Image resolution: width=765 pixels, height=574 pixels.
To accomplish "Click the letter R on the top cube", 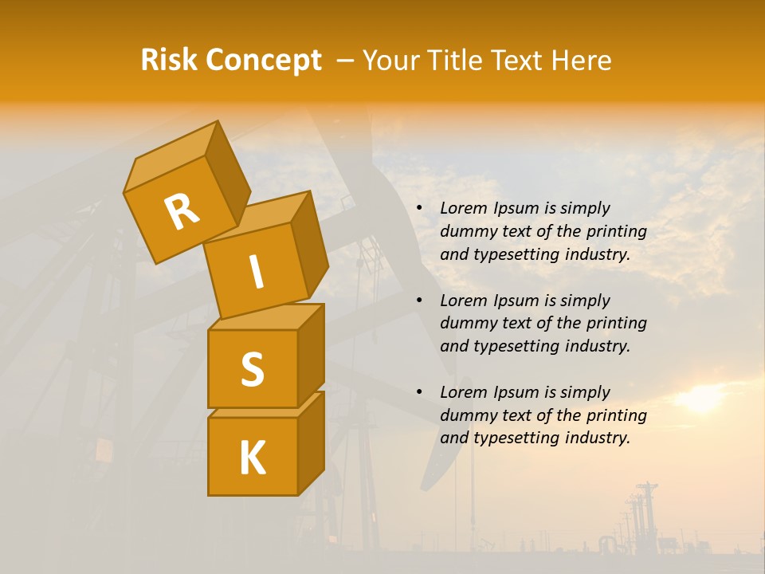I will point(182,212).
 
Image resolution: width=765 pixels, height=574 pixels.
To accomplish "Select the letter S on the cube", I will point(252,368).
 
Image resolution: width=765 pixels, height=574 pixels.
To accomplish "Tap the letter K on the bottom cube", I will point(252,458).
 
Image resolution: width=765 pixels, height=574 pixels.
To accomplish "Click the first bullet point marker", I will point(420,208).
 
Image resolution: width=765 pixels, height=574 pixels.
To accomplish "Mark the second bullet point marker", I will point(420,301).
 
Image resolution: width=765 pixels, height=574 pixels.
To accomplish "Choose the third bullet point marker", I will point(420,392).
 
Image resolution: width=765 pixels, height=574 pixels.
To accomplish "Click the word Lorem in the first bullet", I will point(461,208).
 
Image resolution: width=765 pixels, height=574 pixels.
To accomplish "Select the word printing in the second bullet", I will point(616,324).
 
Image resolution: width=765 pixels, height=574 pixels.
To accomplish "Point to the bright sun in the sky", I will point(701,398).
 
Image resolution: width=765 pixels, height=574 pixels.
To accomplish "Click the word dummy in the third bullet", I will point(467,415).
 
